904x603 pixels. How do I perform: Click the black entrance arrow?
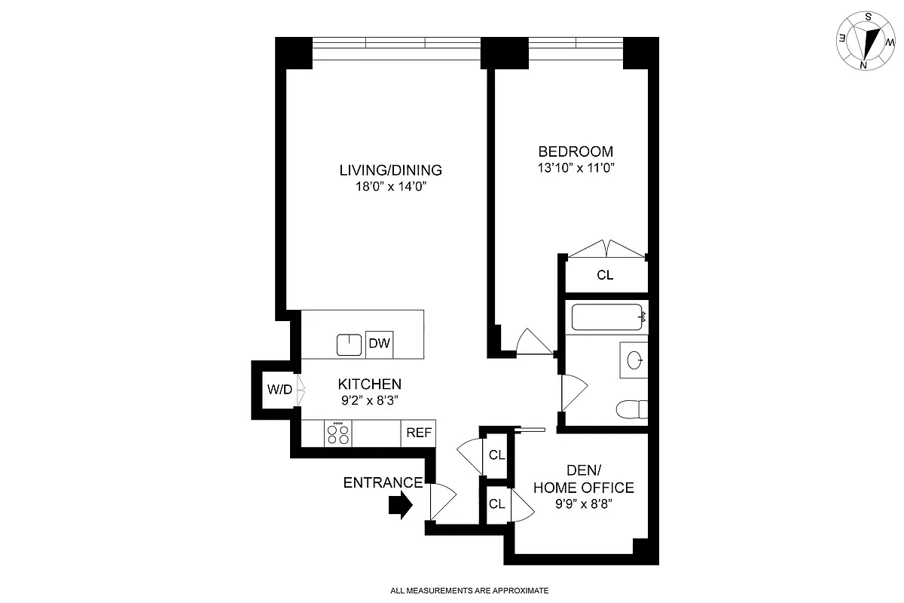pyautogui.click(x=400, y=506)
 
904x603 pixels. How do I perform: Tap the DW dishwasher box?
pyautogui.click(x=379, y=344)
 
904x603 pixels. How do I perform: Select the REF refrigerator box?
pyautogui.click(x=419, y=433)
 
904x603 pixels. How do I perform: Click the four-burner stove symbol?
pyautogui.click(x=338, y=433)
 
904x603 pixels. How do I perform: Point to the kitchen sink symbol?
pyautogui.click(x=350, y=344)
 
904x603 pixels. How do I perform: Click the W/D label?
pyautogui.click(x=279, y=390)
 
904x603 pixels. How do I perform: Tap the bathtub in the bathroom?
pyautogui.click(x=607, y=317)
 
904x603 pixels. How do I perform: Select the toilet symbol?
pyautogui.click(x=632, y=409)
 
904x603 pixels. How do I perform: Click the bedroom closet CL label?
pyautogui.click(x=605, y=275)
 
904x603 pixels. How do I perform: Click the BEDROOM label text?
pyautogui.click(x=575, y=152)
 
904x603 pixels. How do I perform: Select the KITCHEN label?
pyautogui.click(x=369, y=384)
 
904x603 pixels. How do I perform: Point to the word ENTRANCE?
pyautogui.click(x=383, y=483)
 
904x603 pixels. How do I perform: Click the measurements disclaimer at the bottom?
pyautogui.click(x=469, y=591)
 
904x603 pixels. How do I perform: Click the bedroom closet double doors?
pyautogui.click(x=606, y=249)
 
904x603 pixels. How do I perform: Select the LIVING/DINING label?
pyautogui.click(x=390, y=170)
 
